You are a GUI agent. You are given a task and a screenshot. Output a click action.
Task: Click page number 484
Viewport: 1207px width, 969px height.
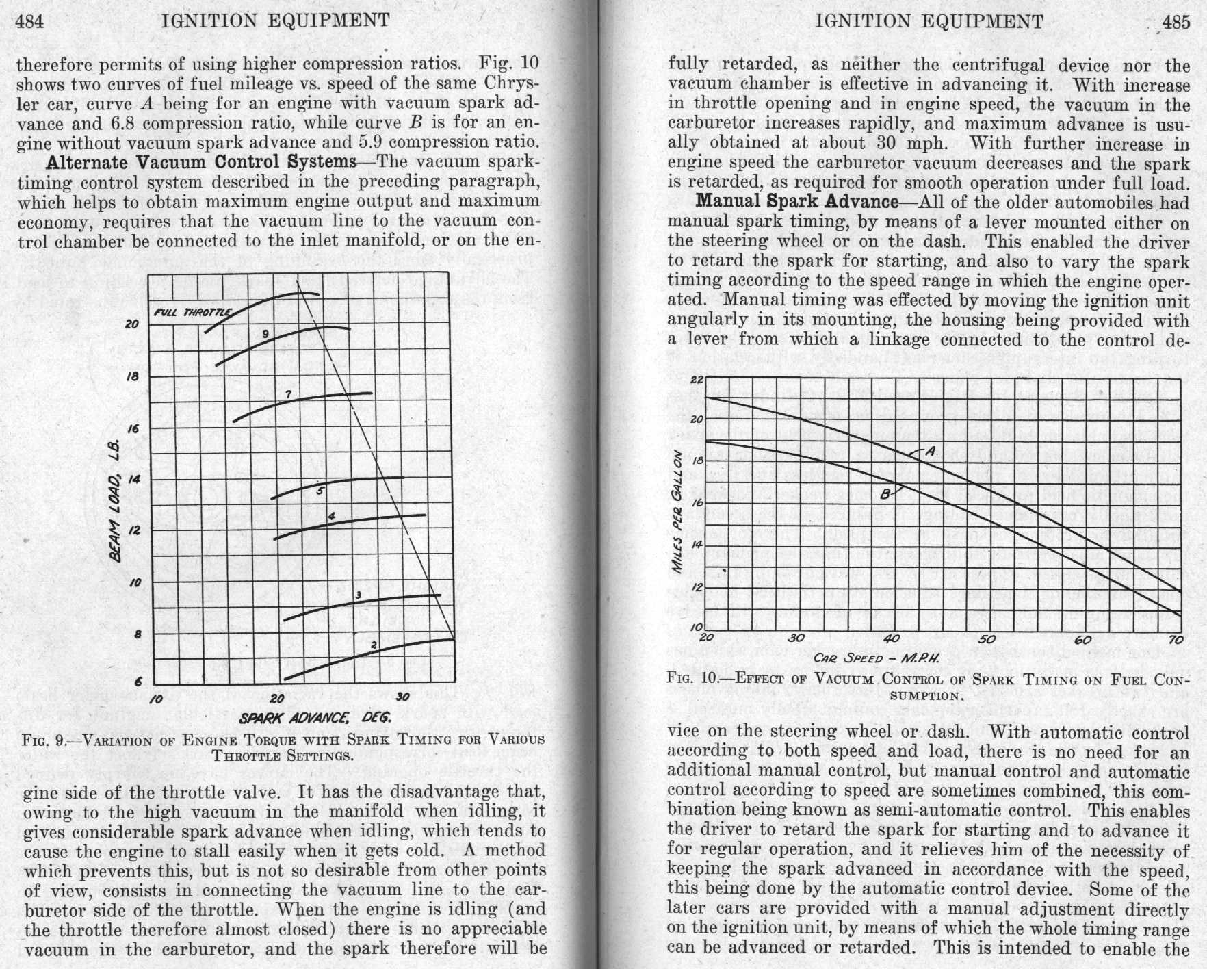tap(29, 21)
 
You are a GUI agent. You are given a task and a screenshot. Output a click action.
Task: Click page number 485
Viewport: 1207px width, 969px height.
tap(1176, 22)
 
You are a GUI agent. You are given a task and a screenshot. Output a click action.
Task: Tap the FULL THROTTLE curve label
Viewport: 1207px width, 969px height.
tap(193, 313)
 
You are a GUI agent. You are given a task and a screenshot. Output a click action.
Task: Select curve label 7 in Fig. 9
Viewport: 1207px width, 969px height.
tap(288, 394)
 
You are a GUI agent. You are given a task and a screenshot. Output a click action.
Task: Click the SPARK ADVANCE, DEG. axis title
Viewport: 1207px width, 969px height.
tap(315, 718)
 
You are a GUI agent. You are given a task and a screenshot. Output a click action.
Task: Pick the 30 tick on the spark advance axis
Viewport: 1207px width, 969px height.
tap(402, 697)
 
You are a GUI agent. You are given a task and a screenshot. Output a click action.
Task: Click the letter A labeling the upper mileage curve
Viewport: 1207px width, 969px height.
tap(930, 452)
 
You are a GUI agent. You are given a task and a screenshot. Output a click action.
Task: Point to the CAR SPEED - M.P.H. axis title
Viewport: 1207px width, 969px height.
tap(875, 658)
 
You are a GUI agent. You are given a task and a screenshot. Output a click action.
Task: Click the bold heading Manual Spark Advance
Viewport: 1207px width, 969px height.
tap(796, 202)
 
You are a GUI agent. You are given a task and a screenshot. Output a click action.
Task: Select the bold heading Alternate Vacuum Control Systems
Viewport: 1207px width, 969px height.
tap(200, 163)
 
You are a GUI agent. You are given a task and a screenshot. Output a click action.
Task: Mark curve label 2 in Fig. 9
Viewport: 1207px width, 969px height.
tap(374, 645)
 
